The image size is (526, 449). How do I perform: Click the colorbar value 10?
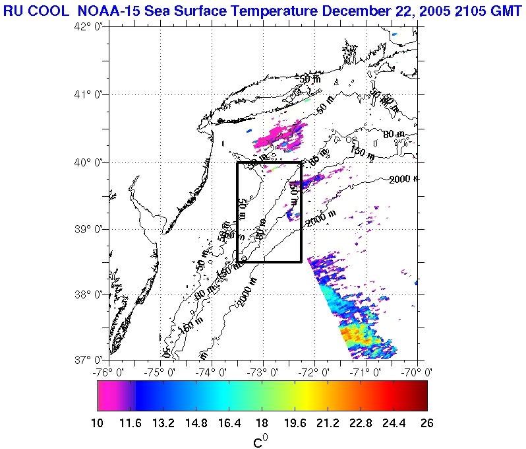click(x=98, y=423)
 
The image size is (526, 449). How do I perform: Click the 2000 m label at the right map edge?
click(x=403, y=179)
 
